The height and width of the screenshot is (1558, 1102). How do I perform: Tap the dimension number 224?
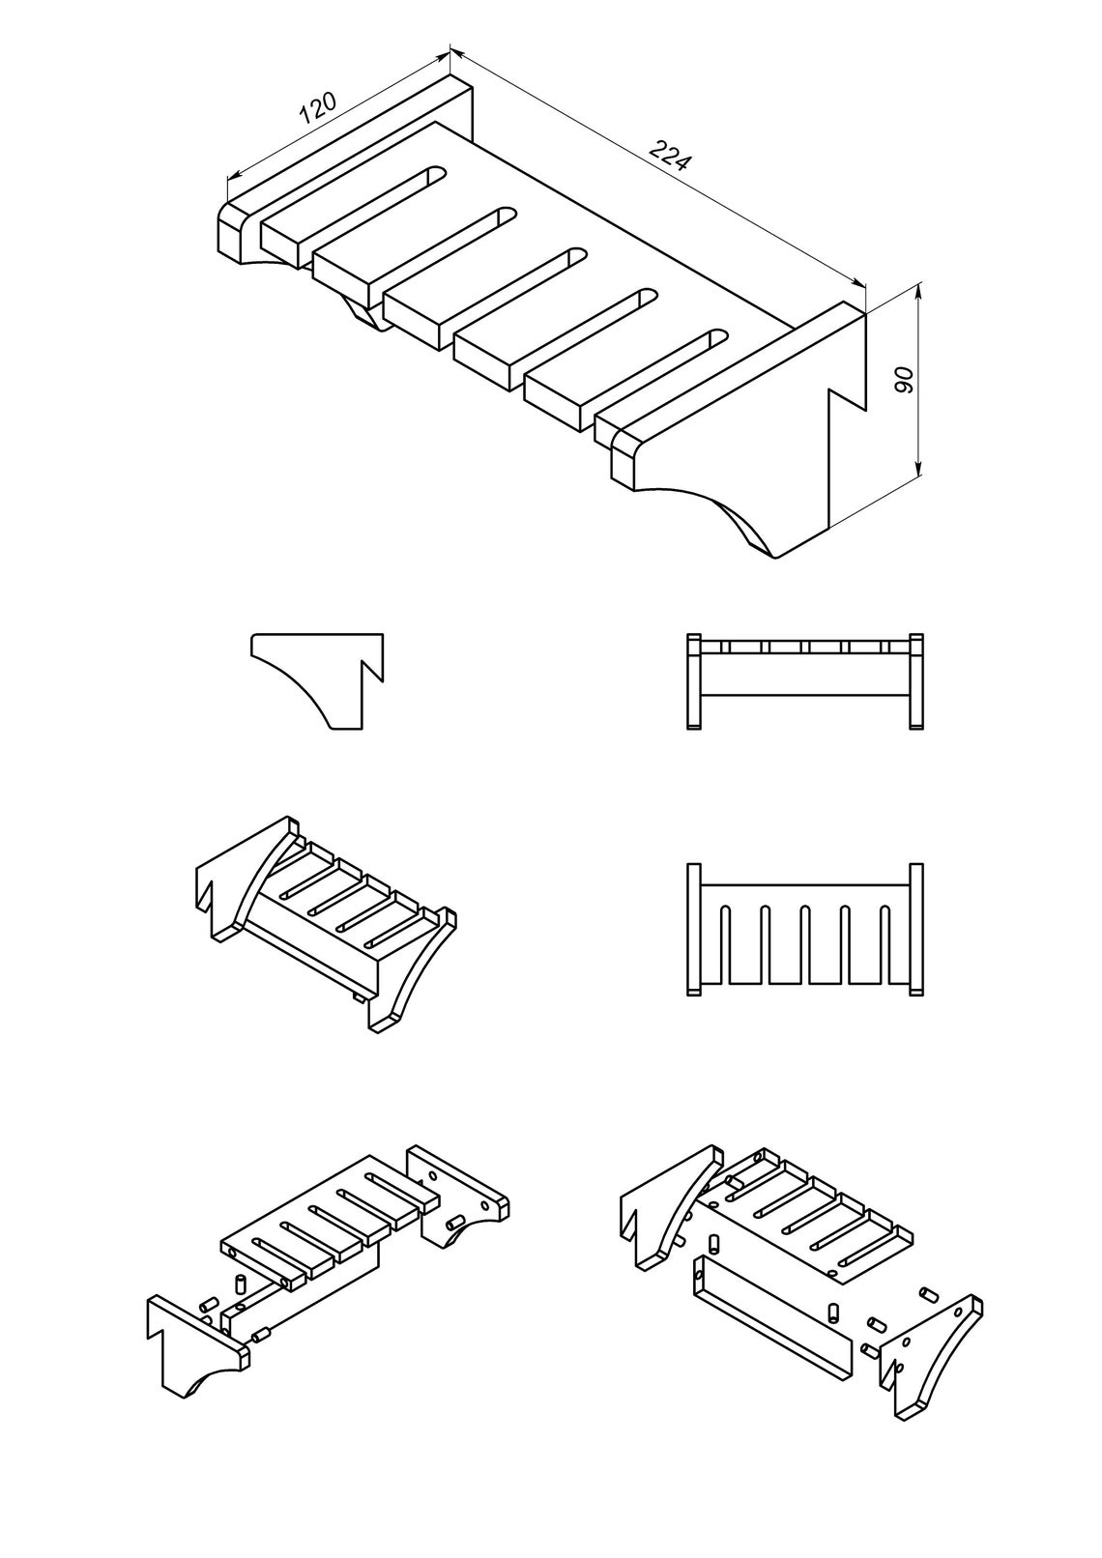pyautogui.click(x=670, y=155)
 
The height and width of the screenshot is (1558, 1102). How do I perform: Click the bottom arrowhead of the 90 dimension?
pyautogui.click(x=919, y=470)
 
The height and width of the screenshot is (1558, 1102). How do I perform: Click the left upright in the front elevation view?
pyautogui.click(x=694, y=681)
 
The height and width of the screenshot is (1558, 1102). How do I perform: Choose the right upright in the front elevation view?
pyautogui.click(x=917, y=681)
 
